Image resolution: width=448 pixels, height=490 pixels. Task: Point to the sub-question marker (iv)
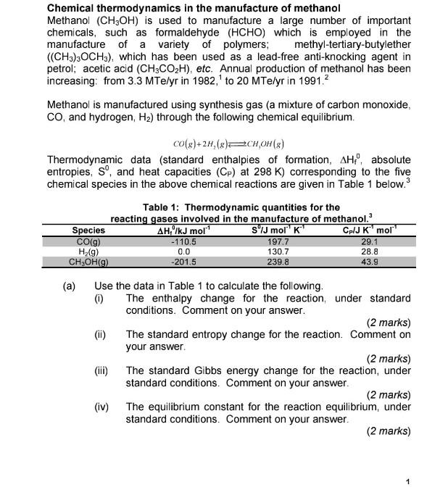coord(101,407)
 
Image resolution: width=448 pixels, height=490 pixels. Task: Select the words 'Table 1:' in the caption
coord(162,207)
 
